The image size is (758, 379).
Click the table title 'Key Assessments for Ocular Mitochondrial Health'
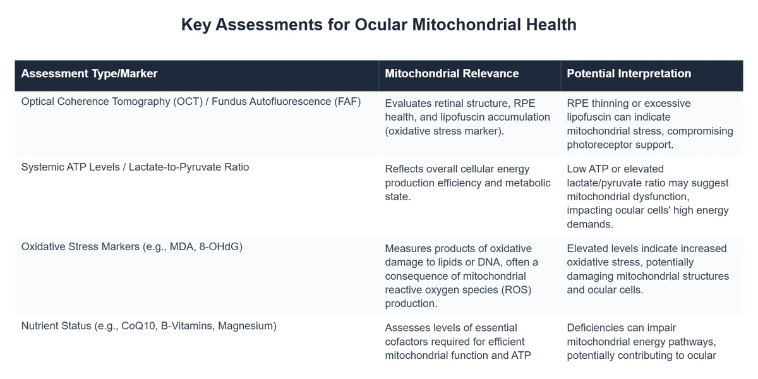point(378,25)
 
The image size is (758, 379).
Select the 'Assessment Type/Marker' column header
point(89,73)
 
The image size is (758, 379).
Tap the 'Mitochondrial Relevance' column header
point(452,73)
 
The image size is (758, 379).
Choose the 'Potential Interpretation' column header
point(629,73)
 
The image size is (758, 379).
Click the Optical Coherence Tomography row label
point(191,101)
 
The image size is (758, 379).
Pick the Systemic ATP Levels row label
point(135,167)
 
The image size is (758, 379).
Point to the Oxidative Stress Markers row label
point(131,246)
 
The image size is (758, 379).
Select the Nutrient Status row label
point(148,326)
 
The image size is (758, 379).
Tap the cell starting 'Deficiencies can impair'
point(641,341)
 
